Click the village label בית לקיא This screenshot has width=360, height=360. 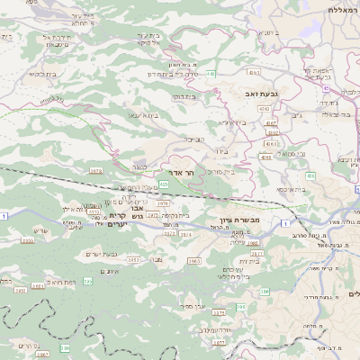click(43, 74)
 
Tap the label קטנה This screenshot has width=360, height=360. click(138, 166)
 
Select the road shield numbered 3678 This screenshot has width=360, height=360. click(96, 169)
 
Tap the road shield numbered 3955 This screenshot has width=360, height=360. click(28, 241)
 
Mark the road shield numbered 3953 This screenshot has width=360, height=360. click(133, 260)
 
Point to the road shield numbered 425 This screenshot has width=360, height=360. click(164, 184)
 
